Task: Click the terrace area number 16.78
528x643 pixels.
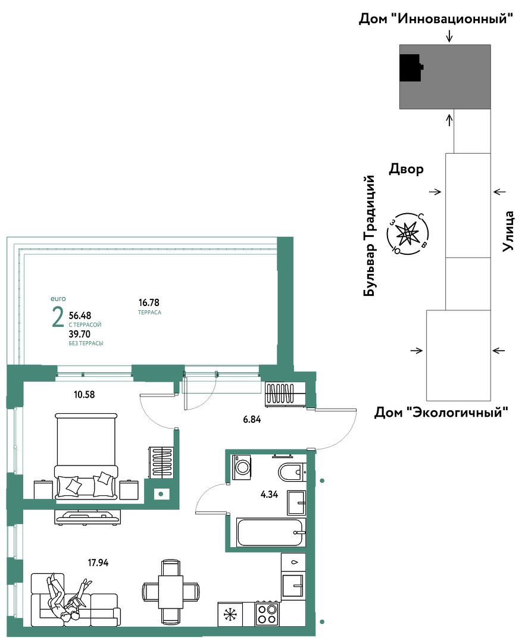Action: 149,302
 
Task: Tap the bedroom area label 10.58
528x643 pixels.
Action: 85,395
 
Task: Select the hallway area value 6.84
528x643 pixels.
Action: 252,419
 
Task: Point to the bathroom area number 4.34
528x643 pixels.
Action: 269,494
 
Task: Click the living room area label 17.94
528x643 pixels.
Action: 98,563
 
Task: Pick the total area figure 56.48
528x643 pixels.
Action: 80,316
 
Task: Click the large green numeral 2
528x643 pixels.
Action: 58,317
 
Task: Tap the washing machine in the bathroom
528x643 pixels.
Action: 242,467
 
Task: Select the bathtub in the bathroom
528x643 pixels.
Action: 271,532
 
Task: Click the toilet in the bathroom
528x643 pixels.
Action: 292,472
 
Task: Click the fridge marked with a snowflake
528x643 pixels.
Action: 230,614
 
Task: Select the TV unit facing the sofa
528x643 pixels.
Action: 88,517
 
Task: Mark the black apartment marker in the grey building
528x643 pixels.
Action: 411,68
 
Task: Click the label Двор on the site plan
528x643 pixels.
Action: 406,168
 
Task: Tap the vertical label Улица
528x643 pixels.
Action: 508,231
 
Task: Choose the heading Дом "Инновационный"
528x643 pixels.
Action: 436,18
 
